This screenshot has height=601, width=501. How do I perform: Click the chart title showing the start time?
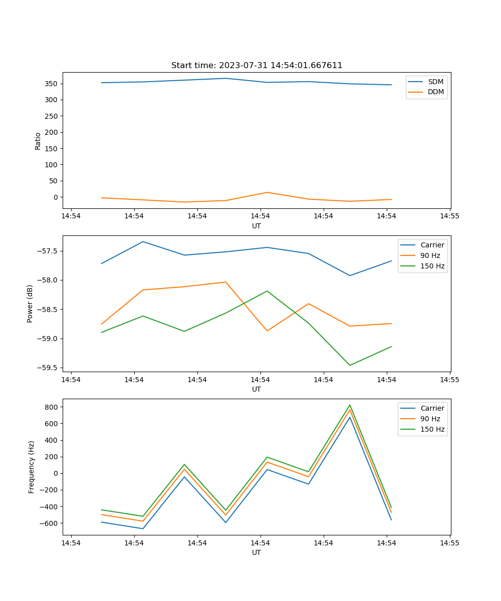(x=257, y=66)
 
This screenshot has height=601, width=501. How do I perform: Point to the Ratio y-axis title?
(x=38, y=141)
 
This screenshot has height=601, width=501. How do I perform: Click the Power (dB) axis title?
(x=31, y=304)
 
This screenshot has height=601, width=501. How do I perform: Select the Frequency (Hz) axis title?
(x=32, y=467)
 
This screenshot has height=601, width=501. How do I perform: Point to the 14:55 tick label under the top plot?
(x=449, y=216)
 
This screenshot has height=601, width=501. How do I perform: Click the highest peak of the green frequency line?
(x=350, y=405)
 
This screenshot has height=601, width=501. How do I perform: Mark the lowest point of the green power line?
(x=350, y=365)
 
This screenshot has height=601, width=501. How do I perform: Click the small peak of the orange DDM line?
(x=267, y=192)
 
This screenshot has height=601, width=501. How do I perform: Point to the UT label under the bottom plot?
(x=257, y=552)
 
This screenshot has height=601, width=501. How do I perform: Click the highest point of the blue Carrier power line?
(x=143, y=242)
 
